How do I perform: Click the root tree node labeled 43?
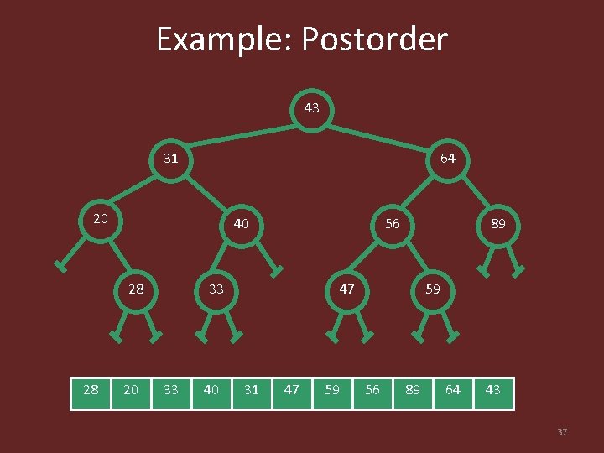tap(311, 108)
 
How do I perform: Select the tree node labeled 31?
tap(171, 158)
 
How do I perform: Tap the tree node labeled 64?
tap(448, 158)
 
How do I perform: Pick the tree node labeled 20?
tap(101, 219)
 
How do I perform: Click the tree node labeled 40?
tap(242, 224)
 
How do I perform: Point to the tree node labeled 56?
tap(392, 224)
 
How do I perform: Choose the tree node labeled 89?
tap(497, 224)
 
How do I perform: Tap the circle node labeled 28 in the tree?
tap(136, 289)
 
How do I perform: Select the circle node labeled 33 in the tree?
tap(216, 289)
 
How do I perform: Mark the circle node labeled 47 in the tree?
tap(346, 289)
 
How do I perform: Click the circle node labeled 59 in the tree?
tap(432, 289)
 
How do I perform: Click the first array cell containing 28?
tap(91, 390)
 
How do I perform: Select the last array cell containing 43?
tap(493, 390)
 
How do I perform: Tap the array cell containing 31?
tap(252, 390)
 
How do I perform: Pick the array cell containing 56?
tap(372, 390)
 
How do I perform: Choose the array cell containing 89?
tap(413, 390)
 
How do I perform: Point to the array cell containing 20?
tap(131, 390)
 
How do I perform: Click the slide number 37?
tap(562, 432)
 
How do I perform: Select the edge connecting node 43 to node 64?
tap(382, 133)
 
